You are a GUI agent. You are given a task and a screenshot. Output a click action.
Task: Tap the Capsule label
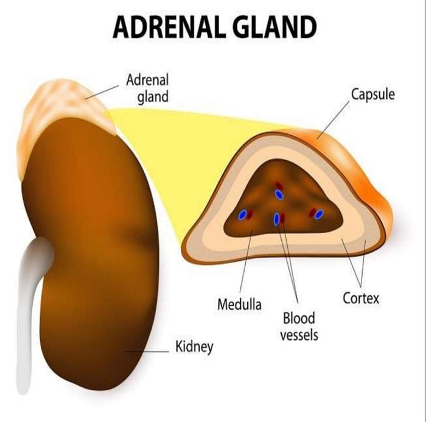click(372, 95)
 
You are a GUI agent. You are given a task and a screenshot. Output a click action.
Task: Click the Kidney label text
click(195, 348)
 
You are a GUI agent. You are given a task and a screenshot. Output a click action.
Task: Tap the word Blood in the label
click(299, 318)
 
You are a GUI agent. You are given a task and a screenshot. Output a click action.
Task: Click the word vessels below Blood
click(299, 335)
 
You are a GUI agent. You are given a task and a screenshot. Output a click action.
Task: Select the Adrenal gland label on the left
click(147, 88)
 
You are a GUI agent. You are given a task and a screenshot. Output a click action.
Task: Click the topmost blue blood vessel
click(279, 194)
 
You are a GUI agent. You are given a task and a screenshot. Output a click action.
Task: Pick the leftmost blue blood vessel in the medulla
click(242, 215)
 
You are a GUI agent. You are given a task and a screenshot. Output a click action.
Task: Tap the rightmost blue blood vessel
click(319, 214)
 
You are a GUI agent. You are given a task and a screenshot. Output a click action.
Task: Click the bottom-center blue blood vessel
click(277, 219)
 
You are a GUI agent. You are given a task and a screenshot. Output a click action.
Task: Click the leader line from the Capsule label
click(333, 119)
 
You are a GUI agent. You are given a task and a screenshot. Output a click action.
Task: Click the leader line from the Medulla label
click(246, 262)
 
